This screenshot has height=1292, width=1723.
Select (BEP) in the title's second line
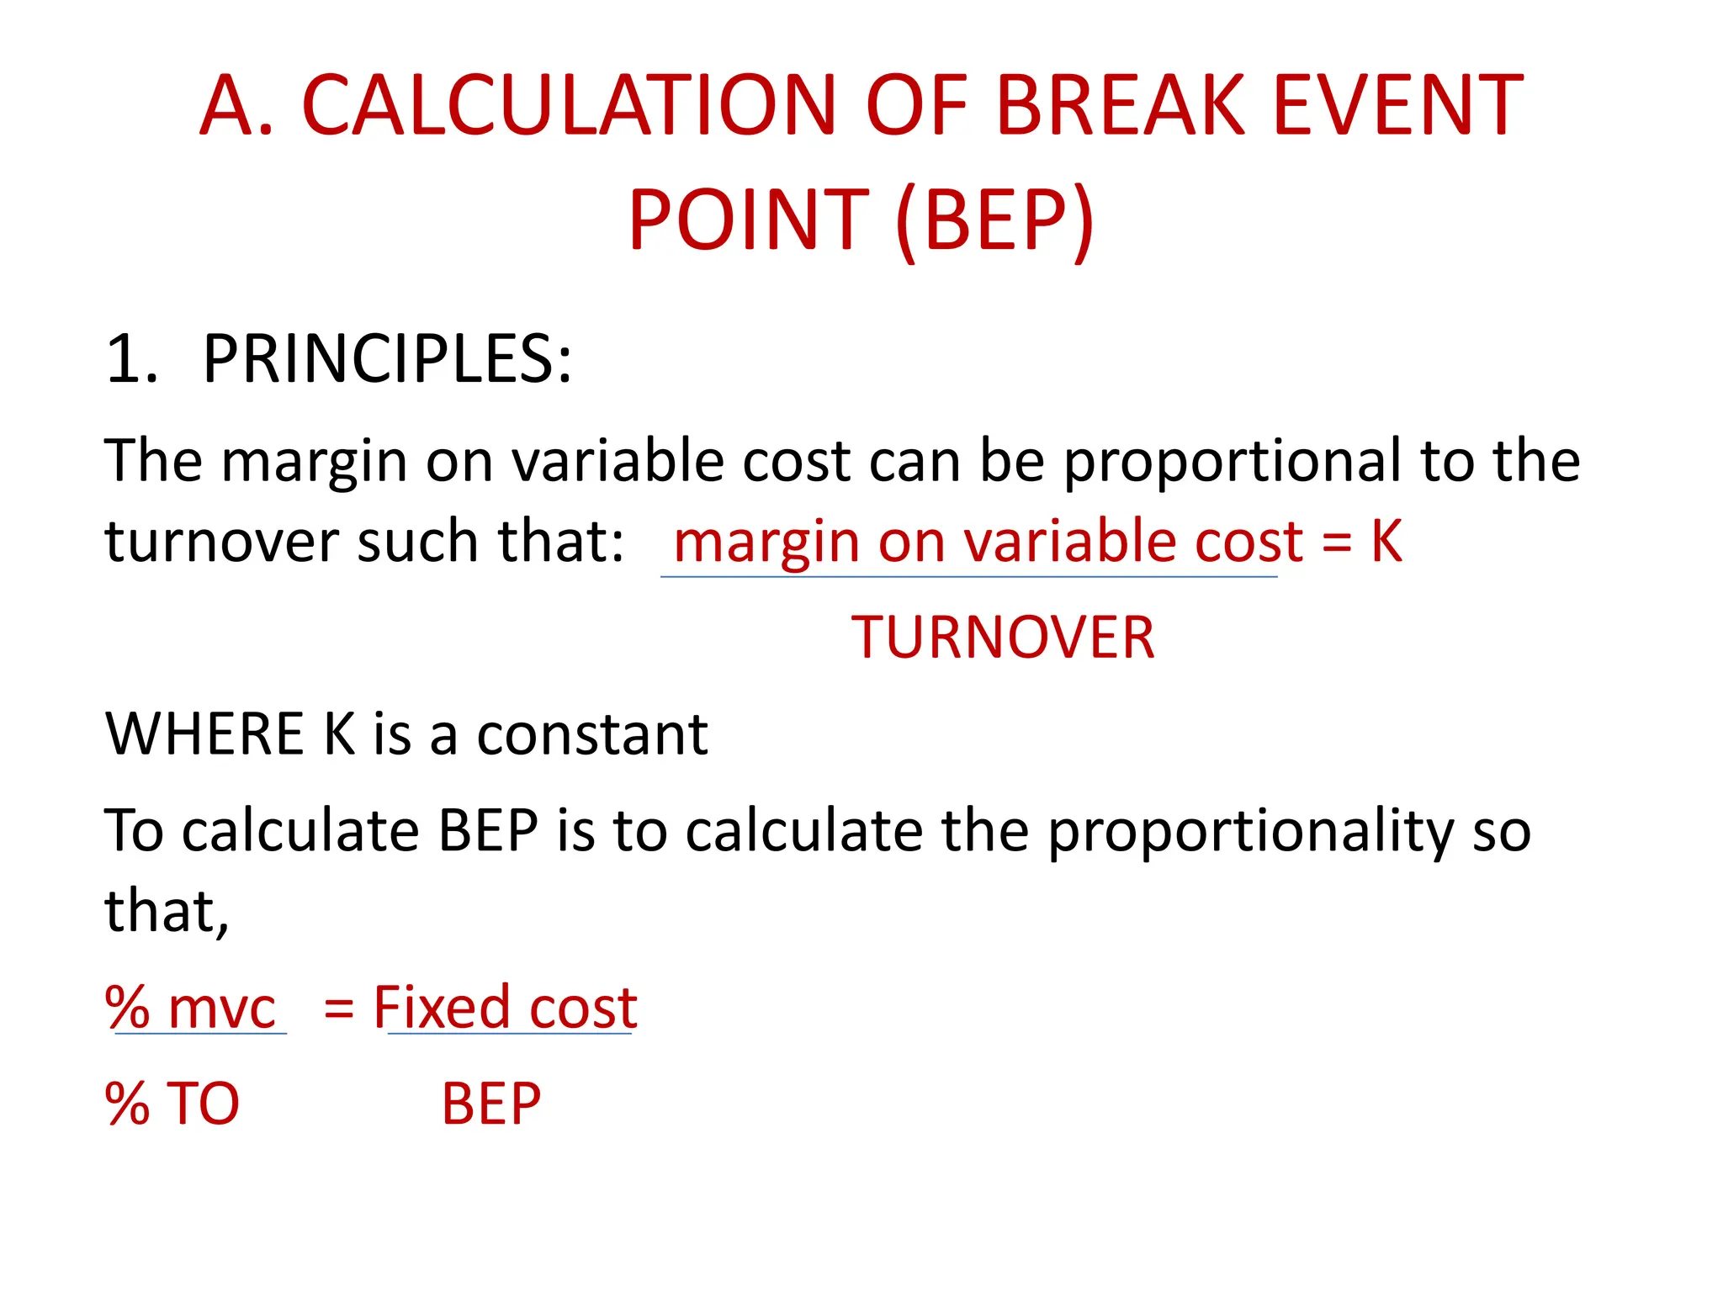tap(995, 220)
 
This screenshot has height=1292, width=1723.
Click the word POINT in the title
tap(748, 220)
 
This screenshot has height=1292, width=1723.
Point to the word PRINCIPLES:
tap(387, 360)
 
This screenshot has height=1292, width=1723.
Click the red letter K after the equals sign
tap(1386, 541)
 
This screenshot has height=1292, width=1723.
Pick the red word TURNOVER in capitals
tap(1002, 638)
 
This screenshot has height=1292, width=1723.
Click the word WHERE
tap(204, 734)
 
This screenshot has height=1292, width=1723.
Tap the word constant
tap(592, 734)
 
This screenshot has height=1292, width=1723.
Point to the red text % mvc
tap(190, 1008)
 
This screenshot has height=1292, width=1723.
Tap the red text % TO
tap(172, 1104)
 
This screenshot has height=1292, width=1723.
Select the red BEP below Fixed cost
tap(491, 1104)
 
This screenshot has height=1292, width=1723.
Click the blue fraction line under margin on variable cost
tap(968, 577)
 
